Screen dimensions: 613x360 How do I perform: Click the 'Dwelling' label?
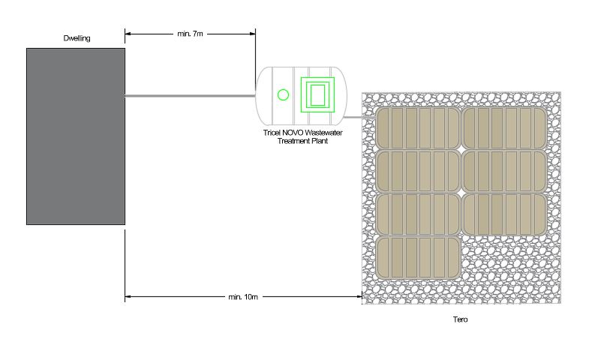tap(77, 38)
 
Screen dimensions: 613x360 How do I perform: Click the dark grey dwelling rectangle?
tap(76, 136)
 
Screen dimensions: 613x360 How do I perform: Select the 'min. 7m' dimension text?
tap(190, 34)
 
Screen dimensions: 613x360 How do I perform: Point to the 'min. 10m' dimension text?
tap(243, 297)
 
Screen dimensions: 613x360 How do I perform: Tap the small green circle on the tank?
tap(283, 94)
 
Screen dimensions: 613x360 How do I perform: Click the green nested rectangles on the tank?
tap(317, 94)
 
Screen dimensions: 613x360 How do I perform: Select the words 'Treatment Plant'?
tap(302, 141)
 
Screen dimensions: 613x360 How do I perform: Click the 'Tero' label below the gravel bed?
tap(460, 319)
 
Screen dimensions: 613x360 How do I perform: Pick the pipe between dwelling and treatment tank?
tap(190, 96)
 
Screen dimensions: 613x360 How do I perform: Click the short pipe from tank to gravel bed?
tap(359, 117)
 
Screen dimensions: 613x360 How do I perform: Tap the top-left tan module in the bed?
tap(418, 128)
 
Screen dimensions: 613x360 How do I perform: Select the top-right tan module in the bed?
tap(504, 128)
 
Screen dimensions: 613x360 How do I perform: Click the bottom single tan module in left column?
tap(418, 258)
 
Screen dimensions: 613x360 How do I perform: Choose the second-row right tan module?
tap(504, 172)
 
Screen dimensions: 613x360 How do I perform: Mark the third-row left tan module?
tap(418, 214)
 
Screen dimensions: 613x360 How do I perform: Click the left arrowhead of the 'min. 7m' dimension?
tap(128, 34)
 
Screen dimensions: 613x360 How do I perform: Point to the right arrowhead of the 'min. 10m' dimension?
tap(359, 297)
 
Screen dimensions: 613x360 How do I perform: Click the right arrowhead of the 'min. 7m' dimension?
tap(253, 34)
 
